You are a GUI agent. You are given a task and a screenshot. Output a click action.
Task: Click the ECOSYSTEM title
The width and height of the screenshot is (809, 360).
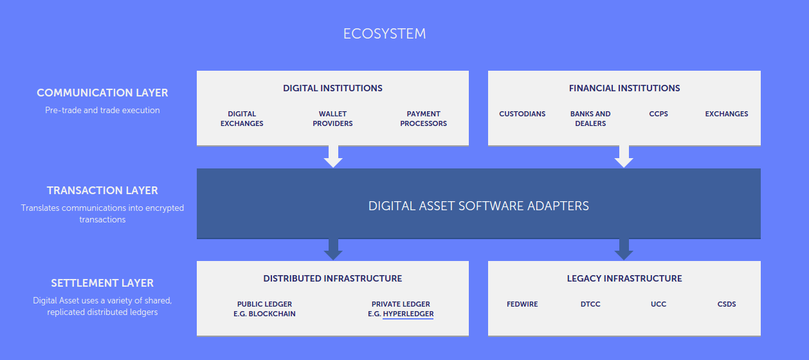385,33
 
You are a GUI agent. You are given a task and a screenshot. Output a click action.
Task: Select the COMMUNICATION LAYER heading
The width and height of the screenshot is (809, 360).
102,93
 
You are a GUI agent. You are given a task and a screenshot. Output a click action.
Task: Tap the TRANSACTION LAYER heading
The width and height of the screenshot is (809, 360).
102,190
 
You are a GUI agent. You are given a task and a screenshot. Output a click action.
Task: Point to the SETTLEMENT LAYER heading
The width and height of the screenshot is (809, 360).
102,283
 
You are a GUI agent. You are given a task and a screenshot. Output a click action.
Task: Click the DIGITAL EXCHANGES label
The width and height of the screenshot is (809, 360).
242,118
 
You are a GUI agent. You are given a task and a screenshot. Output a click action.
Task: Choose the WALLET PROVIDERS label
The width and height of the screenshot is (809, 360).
332,118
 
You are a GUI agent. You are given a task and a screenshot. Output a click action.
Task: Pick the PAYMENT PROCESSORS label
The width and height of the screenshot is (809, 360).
423,118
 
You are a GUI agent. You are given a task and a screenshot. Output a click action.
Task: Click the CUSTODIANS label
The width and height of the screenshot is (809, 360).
522,114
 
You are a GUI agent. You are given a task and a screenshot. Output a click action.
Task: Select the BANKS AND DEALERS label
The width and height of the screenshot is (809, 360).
590,118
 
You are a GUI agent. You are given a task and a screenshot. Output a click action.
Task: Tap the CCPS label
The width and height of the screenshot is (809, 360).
659,114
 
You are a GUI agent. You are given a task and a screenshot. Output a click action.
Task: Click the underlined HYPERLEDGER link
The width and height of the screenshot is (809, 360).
408,314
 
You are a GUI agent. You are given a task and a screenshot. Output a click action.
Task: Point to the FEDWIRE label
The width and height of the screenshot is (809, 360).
522,304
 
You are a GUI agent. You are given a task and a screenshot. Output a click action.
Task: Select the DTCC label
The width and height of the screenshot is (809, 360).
590,304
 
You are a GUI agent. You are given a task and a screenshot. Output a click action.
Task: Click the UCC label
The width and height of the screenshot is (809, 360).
659,304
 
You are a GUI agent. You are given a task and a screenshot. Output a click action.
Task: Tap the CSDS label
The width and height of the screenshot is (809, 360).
727,304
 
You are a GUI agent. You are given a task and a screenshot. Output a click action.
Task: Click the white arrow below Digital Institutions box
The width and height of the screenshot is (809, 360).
333,156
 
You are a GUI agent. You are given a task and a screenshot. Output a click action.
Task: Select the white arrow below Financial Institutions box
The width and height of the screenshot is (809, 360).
624,156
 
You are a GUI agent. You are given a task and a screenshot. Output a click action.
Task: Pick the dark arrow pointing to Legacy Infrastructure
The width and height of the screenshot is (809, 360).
624,249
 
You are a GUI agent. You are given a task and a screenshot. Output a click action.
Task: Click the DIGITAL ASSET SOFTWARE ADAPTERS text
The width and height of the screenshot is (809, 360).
478,206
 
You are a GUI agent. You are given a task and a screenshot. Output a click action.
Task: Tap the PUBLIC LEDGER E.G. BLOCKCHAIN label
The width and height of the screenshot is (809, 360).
264,309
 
